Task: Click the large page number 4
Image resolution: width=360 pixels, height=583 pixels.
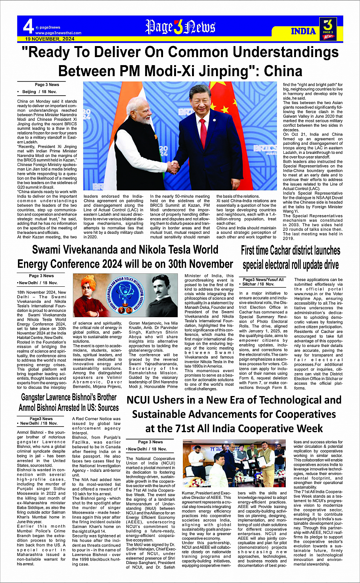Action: pyautogui.click(x=28, y=27)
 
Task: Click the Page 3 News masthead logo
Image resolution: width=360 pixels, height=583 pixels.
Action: pyautogui.click(x=180, y=27)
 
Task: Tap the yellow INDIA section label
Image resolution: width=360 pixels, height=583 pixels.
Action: pyautogui.click(x=303, y=31)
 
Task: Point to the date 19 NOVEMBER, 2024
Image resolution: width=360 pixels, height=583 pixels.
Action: pyautogui.click(x=50, y=39)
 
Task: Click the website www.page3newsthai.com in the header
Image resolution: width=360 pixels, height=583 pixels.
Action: pyautogui.click(x=58, y=33)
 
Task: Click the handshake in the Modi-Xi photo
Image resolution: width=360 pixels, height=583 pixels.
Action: pyautogui.click(x=174, y=166)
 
